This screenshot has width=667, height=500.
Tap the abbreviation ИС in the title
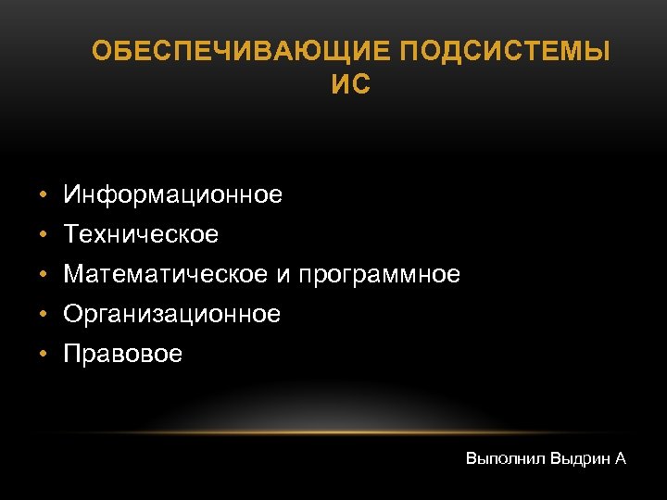point(350,85)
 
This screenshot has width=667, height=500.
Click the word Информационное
point(172,195)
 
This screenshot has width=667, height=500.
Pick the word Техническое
point(141,235)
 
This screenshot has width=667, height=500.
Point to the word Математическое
point(166,275)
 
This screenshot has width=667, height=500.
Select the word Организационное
point(171,315)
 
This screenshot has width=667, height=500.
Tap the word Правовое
point(122,355)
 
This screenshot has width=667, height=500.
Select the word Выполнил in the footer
point(505,458)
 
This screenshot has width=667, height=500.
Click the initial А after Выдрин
point(621,458)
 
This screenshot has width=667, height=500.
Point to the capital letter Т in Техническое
point(70,235)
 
